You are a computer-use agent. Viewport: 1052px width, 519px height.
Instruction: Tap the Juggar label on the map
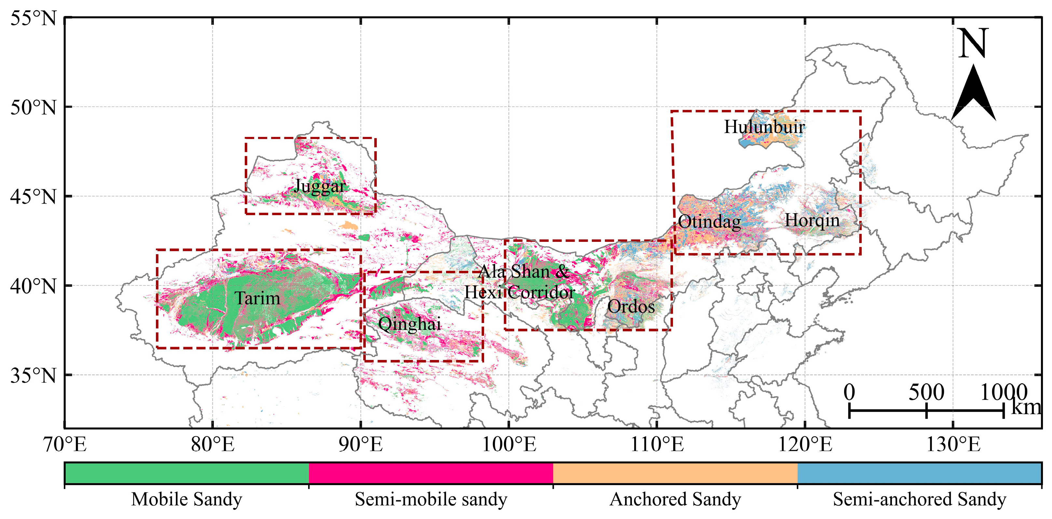[320, 186]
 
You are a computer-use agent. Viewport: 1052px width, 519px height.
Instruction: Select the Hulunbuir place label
[764, 127]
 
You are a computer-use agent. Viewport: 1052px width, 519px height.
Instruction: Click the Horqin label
[812, 221]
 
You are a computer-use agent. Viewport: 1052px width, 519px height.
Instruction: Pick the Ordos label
[631, 306]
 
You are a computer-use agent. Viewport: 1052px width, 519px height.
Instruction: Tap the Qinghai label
[410, 324]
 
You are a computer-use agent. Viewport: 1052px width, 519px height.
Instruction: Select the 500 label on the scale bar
[926, 393]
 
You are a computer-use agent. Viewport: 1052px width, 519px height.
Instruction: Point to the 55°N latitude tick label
[33, 18]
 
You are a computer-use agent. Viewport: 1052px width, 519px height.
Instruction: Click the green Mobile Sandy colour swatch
[187, 473]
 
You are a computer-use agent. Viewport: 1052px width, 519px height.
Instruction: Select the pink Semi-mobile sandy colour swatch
[431, 473]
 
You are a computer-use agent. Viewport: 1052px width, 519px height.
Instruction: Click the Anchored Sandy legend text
[675, 499]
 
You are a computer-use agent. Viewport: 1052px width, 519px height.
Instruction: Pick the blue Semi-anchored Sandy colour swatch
[919, 473]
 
